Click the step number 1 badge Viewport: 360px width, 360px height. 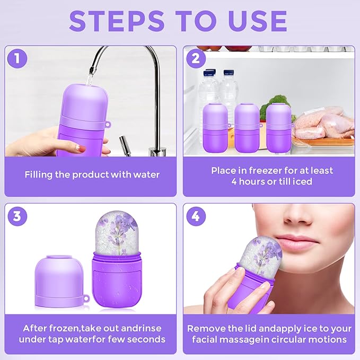(17, 59)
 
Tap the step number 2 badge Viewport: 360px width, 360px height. (196, 59)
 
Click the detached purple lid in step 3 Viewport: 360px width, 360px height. (59, 280)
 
